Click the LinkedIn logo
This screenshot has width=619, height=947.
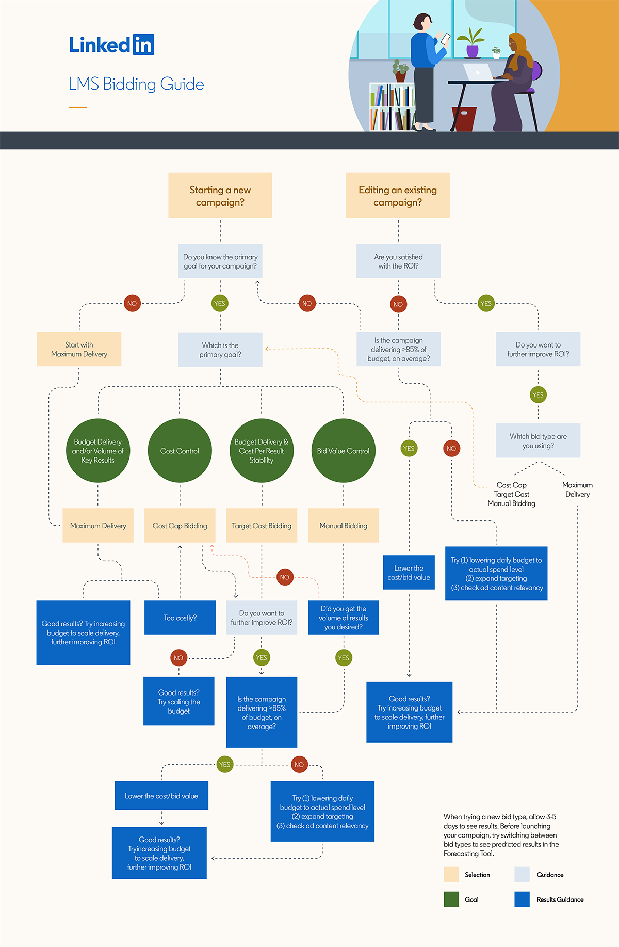tap(111, 45)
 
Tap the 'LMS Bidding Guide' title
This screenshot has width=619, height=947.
tap(136, 84)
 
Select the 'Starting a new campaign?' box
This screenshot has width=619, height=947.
tap(220, 196)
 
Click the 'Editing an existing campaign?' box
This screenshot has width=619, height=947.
tap(398, 196)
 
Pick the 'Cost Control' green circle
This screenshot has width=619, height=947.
tap(180, 451)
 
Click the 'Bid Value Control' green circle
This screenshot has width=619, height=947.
tap(344, 451)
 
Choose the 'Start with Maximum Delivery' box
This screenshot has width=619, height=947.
tap(79, 349)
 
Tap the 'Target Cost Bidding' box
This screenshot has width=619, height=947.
tap(262, 526)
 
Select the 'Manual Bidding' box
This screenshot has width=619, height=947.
tap(344, 526)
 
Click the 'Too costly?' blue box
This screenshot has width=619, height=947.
tap(180, 618)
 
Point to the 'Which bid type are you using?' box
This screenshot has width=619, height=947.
tap(538, 440)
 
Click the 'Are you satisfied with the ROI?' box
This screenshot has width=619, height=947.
tap(398, 261)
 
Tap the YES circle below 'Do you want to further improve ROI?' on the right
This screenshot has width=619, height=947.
tap(538, 395)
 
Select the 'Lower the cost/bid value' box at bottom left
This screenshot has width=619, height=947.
tap(161, 796)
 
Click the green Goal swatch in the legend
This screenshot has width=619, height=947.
tap(451, 899)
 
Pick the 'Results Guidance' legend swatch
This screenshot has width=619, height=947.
tap(522, 899)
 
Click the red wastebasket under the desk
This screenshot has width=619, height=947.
tap(464, 119)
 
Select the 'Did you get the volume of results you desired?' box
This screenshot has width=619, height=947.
tap(344, 618)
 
